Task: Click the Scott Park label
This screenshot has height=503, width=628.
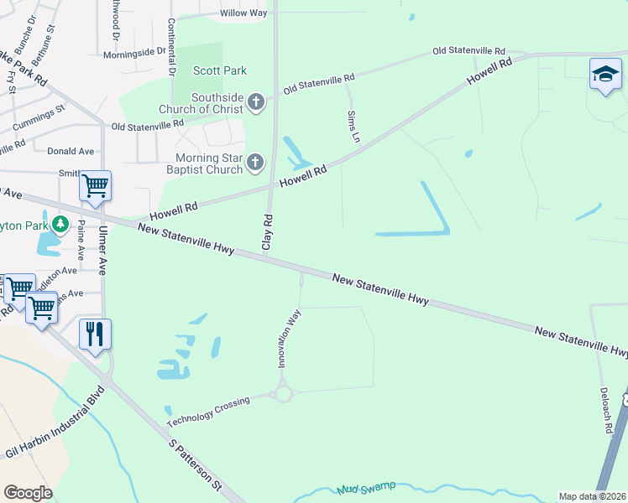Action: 220,70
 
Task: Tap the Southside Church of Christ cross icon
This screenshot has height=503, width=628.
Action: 257,103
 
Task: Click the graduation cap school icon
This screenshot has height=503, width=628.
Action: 605,75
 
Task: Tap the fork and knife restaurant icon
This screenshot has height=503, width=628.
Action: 95,334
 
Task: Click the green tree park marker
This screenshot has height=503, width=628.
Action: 60,225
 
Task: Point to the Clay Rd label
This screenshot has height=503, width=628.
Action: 268,232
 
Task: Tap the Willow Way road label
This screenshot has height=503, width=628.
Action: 243,13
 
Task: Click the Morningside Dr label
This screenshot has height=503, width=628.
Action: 134,53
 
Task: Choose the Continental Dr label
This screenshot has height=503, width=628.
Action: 171,48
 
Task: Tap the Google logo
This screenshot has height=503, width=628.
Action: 28,493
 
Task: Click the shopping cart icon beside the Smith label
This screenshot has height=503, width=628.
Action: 95,185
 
